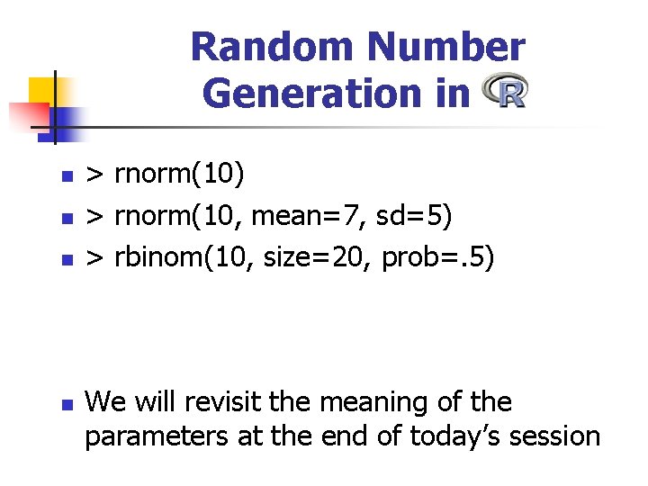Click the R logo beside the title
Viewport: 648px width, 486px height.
[505, 92]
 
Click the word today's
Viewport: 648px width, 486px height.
[450, 436]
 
